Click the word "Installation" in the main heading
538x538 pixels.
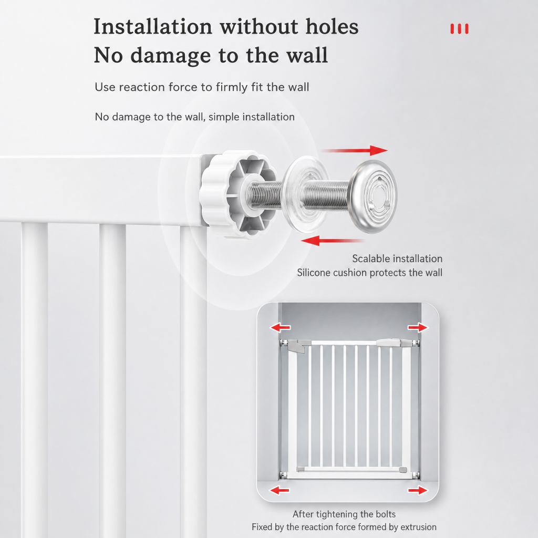click(x=153, y=26)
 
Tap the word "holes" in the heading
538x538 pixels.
click(x=332, y=26)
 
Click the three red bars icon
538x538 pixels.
click(x=459, y=29)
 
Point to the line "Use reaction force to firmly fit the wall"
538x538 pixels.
click(x=202, y=87)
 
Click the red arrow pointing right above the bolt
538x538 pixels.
click(x=354, y=151)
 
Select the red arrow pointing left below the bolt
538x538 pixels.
click(x=332, y=241)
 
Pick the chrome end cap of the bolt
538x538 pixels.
click(x=373, y=196)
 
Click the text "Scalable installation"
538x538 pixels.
click(x=397, y=258)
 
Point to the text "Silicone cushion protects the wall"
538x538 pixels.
click(x=369, y=273)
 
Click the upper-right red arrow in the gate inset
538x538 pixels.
click(x=418, y=328)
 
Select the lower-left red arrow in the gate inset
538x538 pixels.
click(x=280, y=490)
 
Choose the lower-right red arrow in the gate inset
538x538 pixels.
click(x=418, y=490)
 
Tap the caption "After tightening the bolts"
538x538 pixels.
click(x=344, y=514)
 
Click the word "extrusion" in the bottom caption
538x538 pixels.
click(x=415, y=527)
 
